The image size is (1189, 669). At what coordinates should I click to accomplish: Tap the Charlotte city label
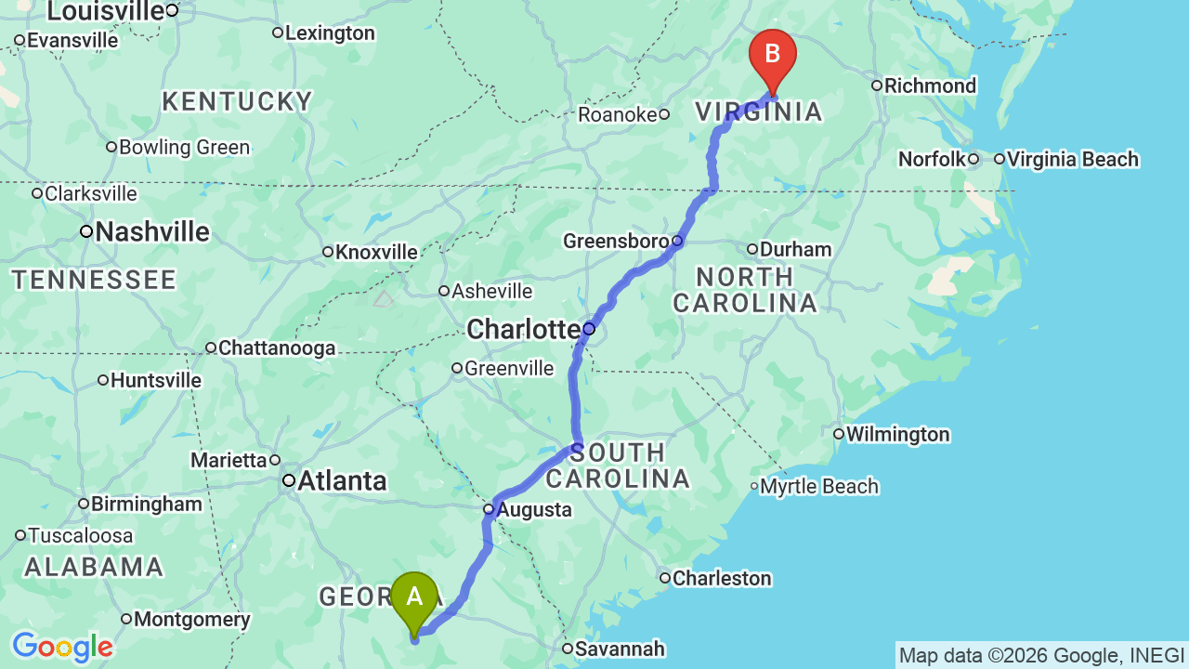tap(523, 329)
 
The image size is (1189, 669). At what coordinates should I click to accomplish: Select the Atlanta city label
tap(342, 480)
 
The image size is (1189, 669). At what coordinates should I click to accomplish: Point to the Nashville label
tap(152, 231)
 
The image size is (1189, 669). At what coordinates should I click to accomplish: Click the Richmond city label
tap(930, 85)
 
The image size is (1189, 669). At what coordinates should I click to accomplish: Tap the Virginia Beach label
tap(1072, 159)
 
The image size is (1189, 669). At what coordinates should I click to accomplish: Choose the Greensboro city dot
tap(677, 241)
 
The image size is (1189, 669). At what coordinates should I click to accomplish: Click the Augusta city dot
tap(489, 509)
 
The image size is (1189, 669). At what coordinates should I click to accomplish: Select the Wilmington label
tap(897, 434)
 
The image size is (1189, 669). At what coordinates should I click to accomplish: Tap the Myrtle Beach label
tap(820, 486)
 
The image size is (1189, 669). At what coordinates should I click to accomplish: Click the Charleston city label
tap(722, 578)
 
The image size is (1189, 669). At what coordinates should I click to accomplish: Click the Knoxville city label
tap(376, 252)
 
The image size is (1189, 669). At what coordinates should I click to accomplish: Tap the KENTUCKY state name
tap(237, 101)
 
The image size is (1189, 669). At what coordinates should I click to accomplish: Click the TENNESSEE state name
tap(94, 280)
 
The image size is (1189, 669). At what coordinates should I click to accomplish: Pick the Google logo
tap(62, 647)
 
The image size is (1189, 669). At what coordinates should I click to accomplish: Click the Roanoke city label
tap(617, 114)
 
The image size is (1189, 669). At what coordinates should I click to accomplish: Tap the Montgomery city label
tap(191, 619)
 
